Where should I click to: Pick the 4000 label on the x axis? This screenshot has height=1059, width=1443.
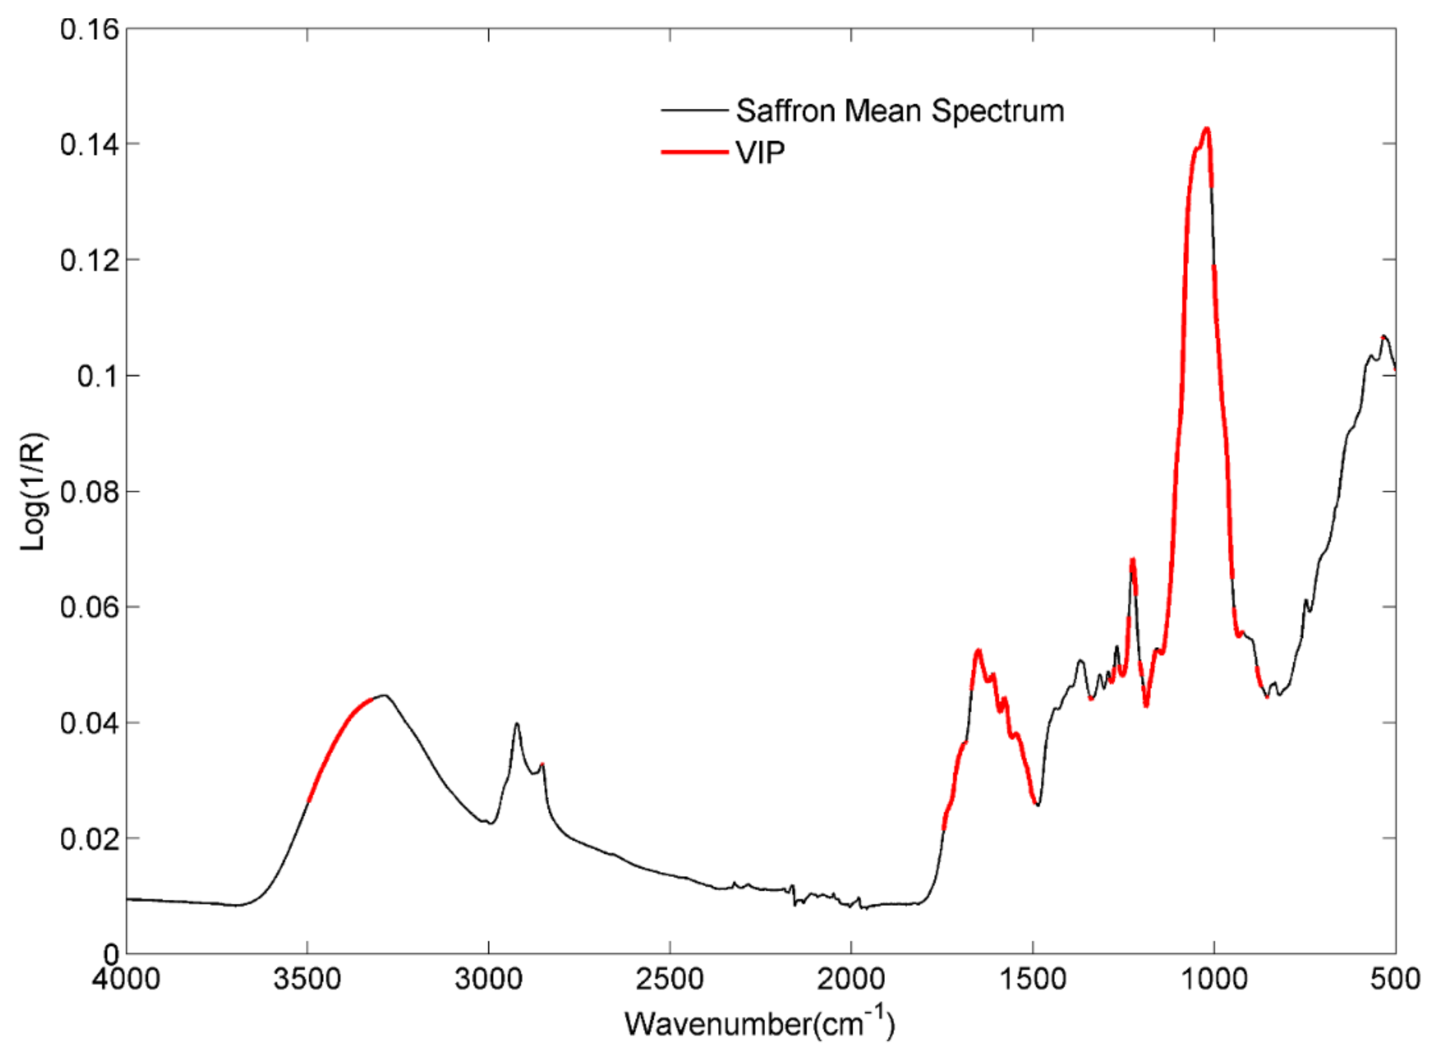[126, 979]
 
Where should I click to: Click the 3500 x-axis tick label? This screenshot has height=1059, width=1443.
[307, 979]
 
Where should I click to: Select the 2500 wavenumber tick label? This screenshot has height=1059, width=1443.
[670, 979]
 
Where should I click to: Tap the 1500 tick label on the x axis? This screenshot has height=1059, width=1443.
[1033, 979]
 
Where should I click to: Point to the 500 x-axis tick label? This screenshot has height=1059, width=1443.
[1394, 979]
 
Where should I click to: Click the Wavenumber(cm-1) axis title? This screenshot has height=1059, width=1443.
[759, 1023]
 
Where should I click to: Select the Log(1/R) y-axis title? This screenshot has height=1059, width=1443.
[33, 492]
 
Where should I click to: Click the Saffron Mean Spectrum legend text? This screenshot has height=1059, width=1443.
[900, 112]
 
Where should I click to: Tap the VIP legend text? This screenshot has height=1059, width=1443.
[760, 153]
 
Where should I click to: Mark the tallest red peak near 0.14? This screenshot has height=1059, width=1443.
[1206, 129]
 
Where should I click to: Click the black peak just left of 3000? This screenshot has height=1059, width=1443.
[516, 724]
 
